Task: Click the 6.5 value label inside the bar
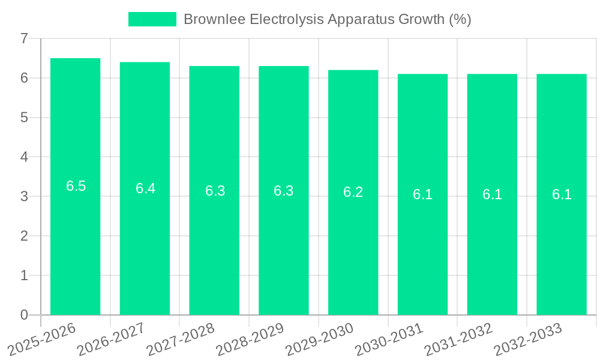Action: click(76, 186)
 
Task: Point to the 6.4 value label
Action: click(145, 188)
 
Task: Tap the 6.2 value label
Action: click(353, 192)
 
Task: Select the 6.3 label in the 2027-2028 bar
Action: click(215, 191)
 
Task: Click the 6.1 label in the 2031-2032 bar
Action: click(492, 194)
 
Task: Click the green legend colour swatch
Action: click(152, 19)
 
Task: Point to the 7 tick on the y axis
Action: click(24, 38)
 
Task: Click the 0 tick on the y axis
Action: click(24, 315)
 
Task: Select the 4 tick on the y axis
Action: click(24, 157)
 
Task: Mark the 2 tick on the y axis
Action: click(24, 236)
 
